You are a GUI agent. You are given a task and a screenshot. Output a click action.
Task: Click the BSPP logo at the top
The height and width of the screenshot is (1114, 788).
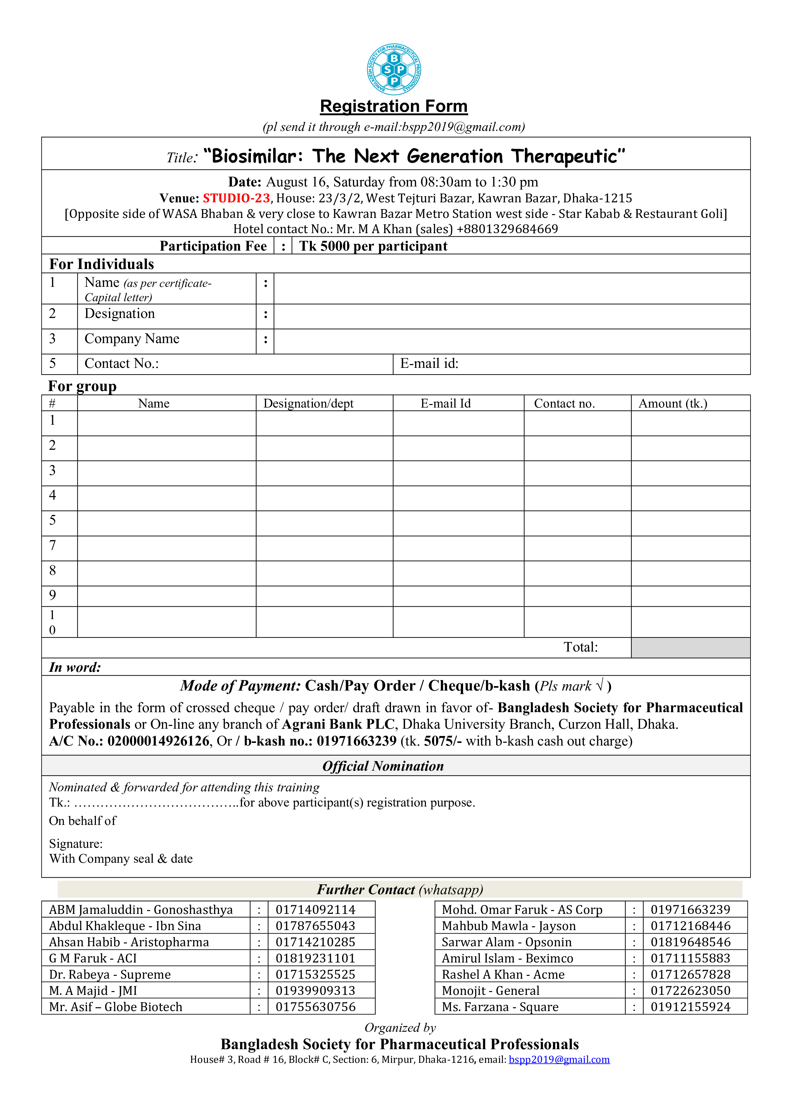[x=394, y=69]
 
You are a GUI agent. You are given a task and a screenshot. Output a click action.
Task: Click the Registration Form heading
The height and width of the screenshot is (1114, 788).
[x=394, y=106]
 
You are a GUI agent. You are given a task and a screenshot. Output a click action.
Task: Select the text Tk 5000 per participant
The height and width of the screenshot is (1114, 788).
[x=373, y=246]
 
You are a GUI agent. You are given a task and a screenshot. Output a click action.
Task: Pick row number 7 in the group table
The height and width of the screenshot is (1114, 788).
[x=52, y=545]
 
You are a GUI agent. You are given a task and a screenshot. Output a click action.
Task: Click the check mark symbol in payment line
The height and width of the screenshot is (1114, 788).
[x=600, y=685]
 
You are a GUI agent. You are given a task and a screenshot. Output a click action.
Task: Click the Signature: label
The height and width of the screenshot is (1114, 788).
[x=76, y=844]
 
